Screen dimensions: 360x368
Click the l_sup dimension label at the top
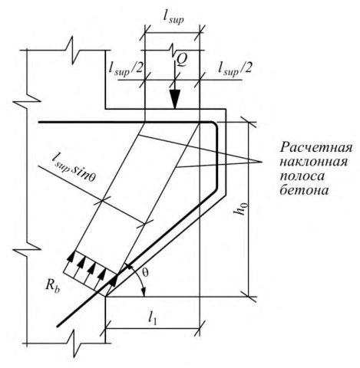[x=173, y=18]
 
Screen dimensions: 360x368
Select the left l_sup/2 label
[x=126, y=68]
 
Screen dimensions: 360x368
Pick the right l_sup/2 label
[x=235, y=68]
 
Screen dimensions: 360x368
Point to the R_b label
[x=53, y=286]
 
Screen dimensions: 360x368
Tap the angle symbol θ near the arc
[x=145, y=273]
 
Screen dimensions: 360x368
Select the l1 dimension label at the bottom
[x=153, y=318]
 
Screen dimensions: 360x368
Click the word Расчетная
[x=316, y=148]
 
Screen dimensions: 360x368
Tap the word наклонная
[x=314, y=163]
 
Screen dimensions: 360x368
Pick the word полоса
[x=302, y=176]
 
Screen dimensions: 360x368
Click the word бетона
[x=304, y=190]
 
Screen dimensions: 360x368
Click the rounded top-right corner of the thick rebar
[x=215, y=125]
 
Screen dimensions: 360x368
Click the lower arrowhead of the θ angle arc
[x=144, y=292]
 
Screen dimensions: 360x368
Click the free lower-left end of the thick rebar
[x=58, y=326]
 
